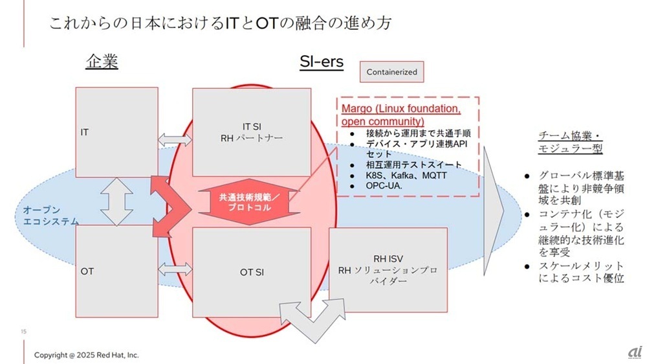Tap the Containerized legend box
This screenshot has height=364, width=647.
391,72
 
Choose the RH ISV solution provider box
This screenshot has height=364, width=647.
388,269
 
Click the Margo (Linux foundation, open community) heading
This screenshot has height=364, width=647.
401,115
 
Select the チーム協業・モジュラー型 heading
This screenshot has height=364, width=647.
570,142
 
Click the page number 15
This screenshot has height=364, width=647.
23,332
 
